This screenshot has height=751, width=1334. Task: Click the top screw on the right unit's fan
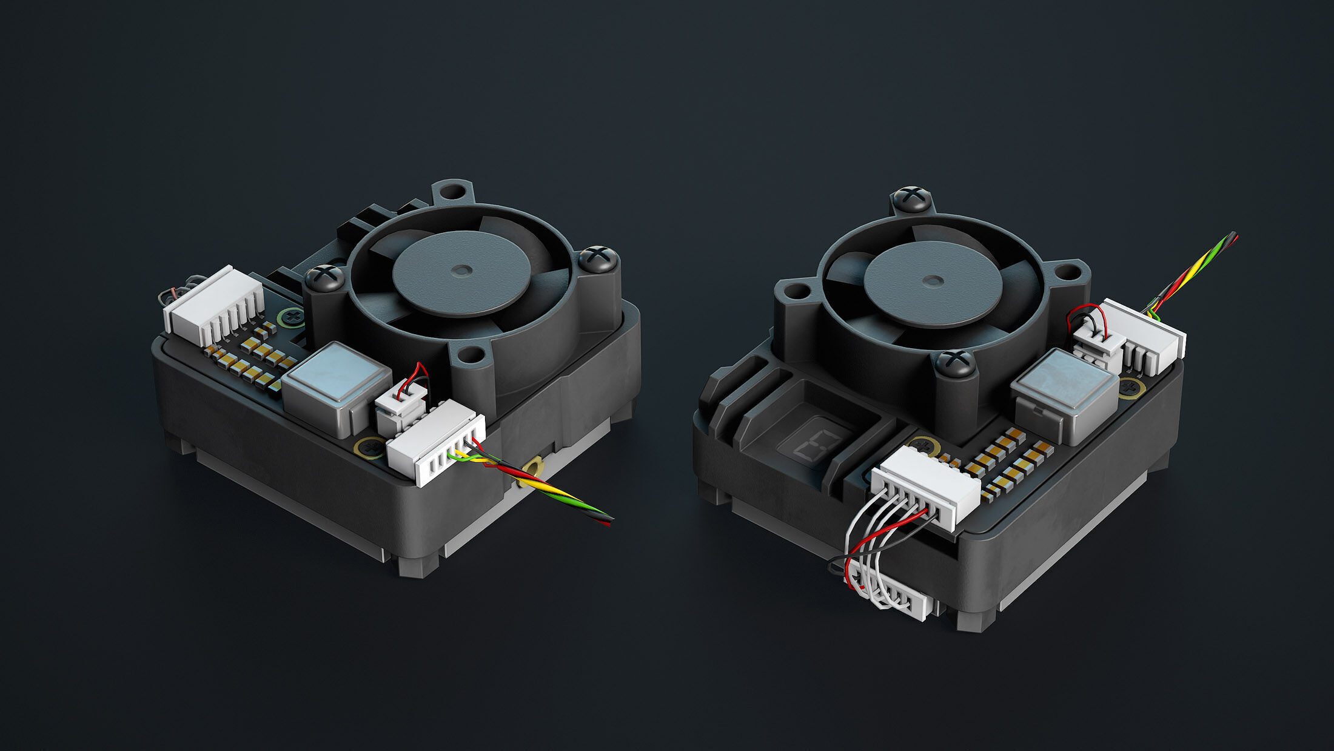(x=911, y=197)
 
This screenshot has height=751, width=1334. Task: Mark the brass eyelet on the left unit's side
(x=533, y=468)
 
